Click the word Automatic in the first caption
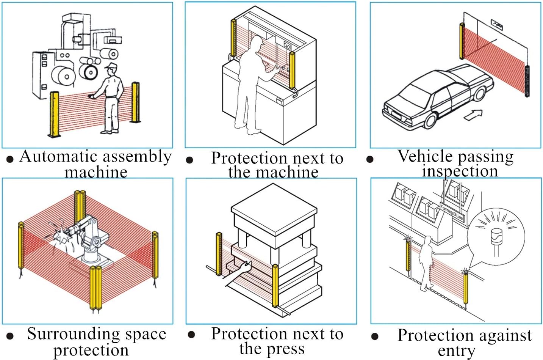pyautogui.click(x=52, y=157)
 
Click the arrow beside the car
pyautogui.click(x=473, y=115)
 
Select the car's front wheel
pyautogui.click(x=430, y=121)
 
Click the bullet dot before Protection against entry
pyautogui.click(x=375, y=336)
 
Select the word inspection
pyautogui.click(x=460, y=171)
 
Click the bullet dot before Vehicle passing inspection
pyautogui.click(x=370, y=159)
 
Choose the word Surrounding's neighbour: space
pyautogui.click(x=146, y=334)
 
